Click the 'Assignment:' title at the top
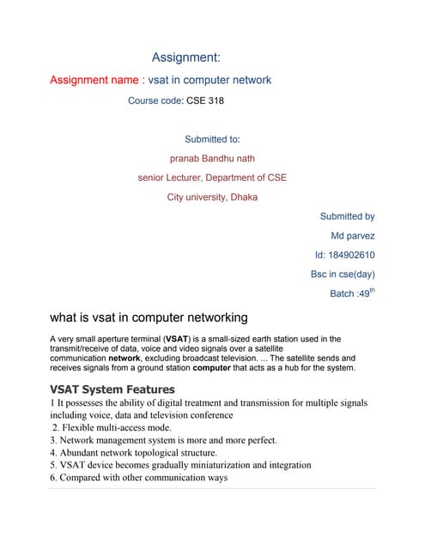tap(186, 57)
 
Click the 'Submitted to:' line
tap(212, 139)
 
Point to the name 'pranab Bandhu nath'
tap(212, 158)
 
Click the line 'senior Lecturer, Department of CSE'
tap(212, 178)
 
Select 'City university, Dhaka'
tap(212, 197)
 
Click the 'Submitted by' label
tap(347, 217)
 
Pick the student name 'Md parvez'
tap(353, 236)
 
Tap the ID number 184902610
tap(354, 255)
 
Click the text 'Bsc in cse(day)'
tap(343, 274)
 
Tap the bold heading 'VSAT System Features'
tap(112, 389)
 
